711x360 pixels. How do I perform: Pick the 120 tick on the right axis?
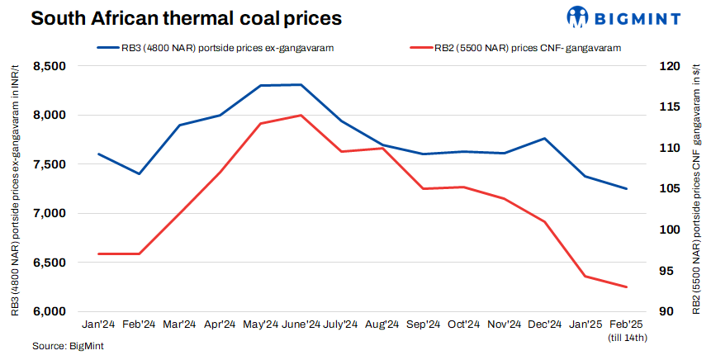(668, 66)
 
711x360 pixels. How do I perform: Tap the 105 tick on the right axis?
(668, 189)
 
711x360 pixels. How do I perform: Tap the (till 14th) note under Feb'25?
(627, 338)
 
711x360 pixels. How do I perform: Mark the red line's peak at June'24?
(301, 116)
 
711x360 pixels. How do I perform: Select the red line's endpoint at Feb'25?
(627, 287)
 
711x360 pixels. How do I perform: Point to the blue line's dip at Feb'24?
(139, 173)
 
